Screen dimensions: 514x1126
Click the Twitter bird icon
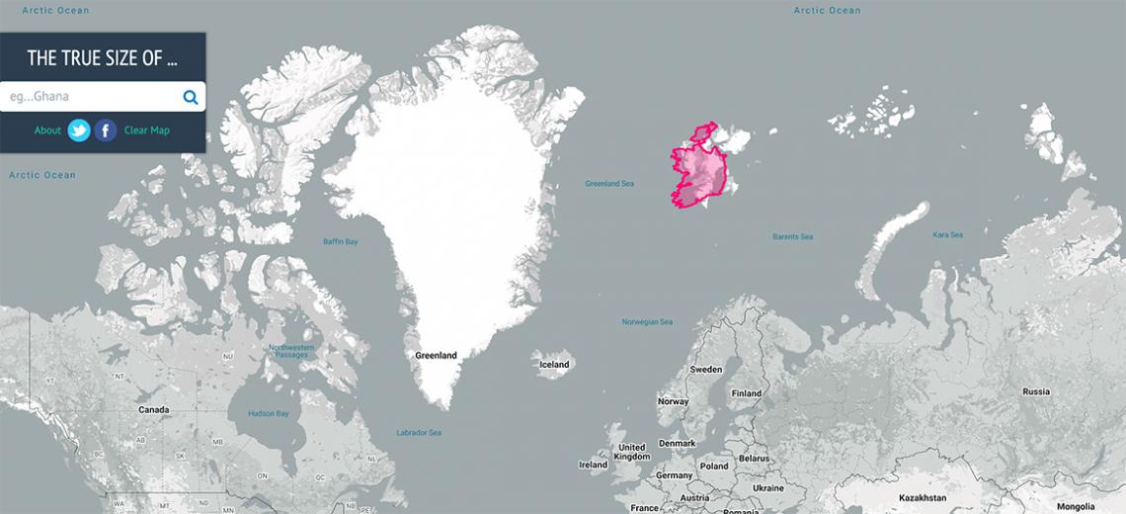coord(79,130)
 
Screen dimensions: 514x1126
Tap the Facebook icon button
coord(106,130)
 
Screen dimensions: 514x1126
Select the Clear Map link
coord(146,130)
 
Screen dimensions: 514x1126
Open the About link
coord(47,130)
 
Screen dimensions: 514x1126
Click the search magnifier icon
coord(191,97)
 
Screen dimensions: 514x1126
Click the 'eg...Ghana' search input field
coord(89,97)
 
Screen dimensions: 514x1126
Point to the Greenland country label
coord(436,355)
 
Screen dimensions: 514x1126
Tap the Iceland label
coord(554,365)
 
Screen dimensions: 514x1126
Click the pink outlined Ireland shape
coord(697,171)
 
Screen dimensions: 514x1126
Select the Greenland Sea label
coord(609,184)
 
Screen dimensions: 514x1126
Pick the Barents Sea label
coord(792,237)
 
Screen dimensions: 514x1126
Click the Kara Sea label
coord(947,235)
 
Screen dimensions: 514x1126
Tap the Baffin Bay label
coord(340,242)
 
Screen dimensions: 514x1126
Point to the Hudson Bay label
coord(268,413)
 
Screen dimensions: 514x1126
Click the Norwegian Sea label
coord(647,322)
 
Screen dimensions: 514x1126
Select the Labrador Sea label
coord(419,433)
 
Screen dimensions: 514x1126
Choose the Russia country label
coord(1036,392)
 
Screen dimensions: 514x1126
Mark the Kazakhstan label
coord(922,497)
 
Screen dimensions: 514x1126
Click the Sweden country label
coord(705,370)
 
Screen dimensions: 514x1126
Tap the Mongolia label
coord(1075,506)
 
